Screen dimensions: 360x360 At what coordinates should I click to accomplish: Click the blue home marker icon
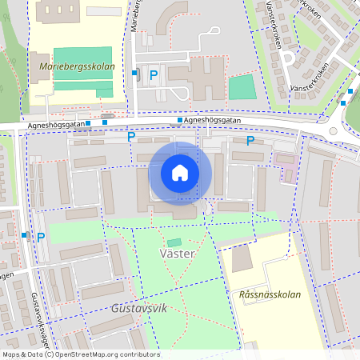click(180, 173)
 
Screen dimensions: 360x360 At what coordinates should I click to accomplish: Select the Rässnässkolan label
click(270, 294)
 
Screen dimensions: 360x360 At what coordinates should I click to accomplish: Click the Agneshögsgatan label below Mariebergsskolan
click(55, 125)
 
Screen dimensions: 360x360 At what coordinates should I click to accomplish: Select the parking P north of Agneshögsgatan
click(154, 74)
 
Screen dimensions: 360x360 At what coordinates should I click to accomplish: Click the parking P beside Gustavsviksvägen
click(41, 237)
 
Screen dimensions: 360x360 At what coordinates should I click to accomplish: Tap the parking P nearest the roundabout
click(250, 141)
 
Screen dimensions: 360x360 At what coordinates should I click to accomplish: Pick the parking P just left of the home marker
click(131, 137)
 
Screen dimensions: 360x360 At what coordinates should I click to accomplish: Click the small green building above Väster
click(174, 242)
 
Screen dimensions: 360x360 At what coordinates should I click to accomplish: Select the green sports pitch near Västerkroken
click(241, 87)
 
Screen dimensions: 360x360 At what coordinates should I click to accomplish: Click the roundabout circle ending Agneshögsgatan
click(333, 131)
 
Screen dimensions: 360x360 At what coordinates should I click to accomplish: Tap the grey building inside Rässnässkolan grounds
click(241, 258)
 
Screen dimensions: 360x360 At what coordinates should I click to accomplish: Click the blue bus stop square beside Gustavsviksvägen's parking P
click(26, 236)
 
